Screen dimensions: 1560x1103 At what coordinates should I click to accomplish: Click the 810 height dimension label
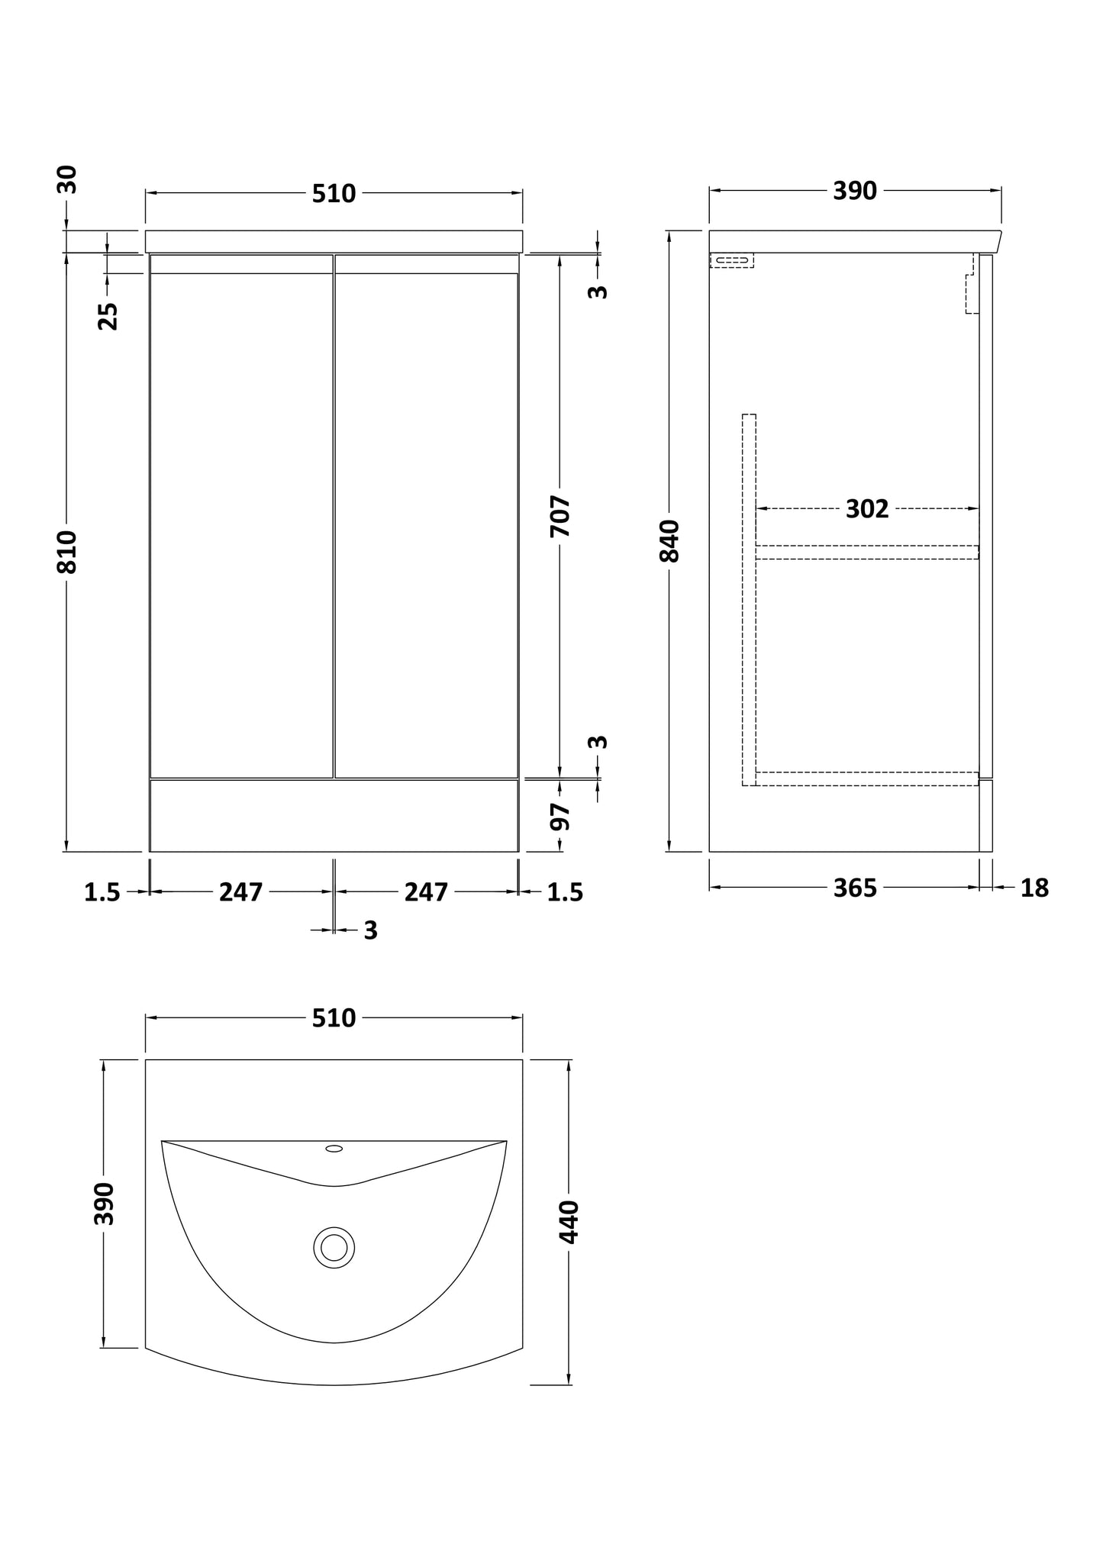click(68, 551)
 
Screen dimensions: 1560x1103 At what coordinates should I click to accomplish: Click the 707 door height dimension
click(560, 516)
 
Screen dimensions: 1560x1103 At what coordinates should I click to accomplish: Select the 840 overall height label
click(669, 540)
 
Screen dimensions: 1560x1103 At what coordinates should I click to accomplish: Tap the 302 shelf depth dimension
click(867, 509)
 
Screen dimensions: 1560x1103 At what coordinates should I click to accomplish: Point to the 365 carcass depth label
click(855, 888)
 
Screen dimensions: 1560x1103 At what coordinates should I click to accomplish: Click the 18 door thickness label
click(1034, 888)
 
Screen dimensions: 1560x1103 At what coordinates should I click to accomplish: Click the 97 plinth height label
click(561, 817)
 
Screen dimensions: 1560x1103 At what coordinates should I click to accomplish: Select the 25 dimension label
click(108, 315)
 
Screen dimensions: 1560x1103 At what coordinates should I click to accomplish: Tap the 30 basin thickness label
click(68, 180)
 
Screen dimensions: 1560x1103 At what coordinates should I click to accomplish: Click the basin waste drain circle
click(334, 1248)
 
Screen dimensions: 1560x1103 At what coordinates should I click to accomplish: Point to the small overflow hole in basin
click(334, 1169)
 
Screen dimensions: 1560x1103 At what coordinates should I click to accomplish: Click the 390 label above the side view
click(855, 191)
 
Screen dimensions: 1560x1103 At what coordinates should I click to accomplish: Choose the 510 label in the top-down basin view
click(334, 1018)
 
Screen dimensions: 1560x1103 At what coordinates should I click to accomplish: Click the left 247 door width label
click(241, 892)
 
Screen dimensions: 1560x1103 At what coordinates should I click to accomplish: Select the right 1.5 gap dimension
click(565, 892)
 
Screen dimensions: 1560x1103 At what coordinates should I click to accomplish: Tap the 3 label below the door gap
click(370, 930)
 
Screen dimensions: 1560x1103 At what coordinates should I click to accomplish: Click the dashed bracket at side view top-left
click(732, 261)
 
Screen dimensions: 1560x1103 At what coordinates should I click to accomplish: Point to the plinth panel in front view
click(334, 815)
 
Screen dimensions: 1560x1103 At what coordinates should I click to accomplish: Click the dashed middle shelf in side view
click(867, 553)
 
